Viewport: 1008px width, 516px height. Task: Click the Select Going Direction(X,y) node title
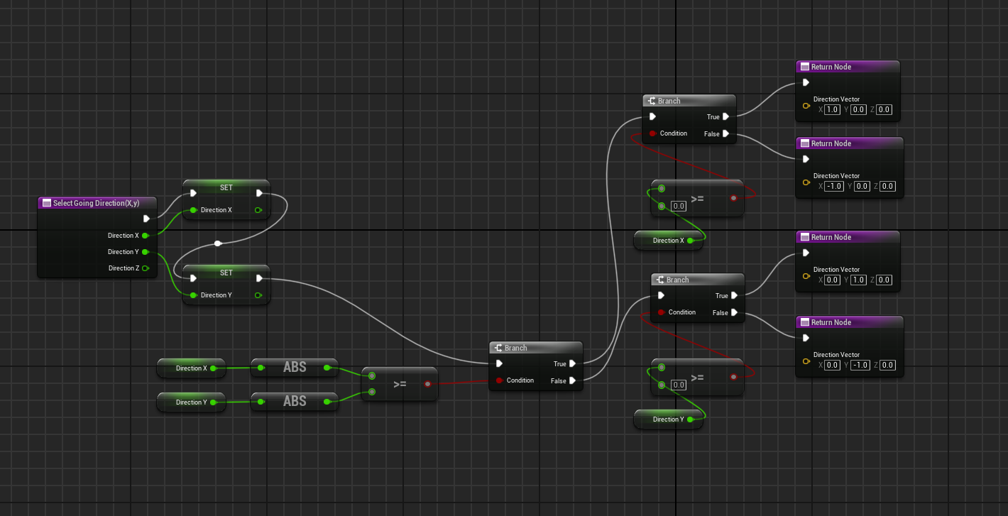(x=96, y=203)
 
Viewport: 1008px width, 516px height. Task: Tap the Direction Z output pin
(x=146, y=268)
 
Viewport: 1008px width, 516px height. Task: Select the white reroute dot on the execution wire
(x=218, y=243)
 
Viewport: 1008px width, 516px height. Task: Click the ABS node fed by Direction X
(x=295, y=368)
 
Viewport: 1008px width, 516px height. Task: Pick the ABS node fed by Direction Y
(x=295, y=402)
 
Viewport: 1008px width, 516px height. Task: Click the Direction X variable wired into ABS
(x=191, y=368)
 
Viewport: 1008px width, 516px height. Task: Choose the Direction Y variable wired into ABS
(x=191, y=402)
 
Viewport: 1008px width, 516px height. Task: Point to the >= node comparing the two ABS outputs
(x=400, y=384)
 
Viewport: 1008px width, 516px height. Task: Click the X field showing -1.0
(x=834, y=186)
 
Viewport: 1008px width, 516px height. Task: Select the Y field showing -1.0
(x=860, y=365)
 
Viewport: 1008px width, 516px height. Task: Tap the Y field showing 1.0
(x=858, y=280)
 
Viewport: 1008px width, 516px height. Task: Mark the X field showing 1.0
(x=832, y=109)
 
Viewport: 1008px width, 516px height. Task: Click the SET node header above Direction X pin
(x=226, y=188)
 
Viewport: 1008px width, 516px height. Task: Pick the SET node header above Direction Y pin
(x=226, y=273)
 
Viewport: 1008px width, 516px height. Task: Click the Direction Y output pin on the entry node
(x=146, y=252)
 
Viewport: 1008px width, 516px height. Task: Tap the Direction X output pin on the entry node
(x=146, y=236)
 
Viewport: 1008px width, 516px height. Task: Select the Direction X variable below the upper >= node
(x=668, y=241)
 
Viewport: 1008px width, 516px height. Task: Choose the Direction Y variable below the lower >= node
(x=668, y=419)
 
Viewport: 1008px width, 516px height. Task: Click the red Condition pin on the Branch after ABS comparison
(x=500, y=380)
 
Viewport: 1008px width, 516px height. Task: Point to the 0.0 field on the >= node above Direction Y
(x=679, y=385)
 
